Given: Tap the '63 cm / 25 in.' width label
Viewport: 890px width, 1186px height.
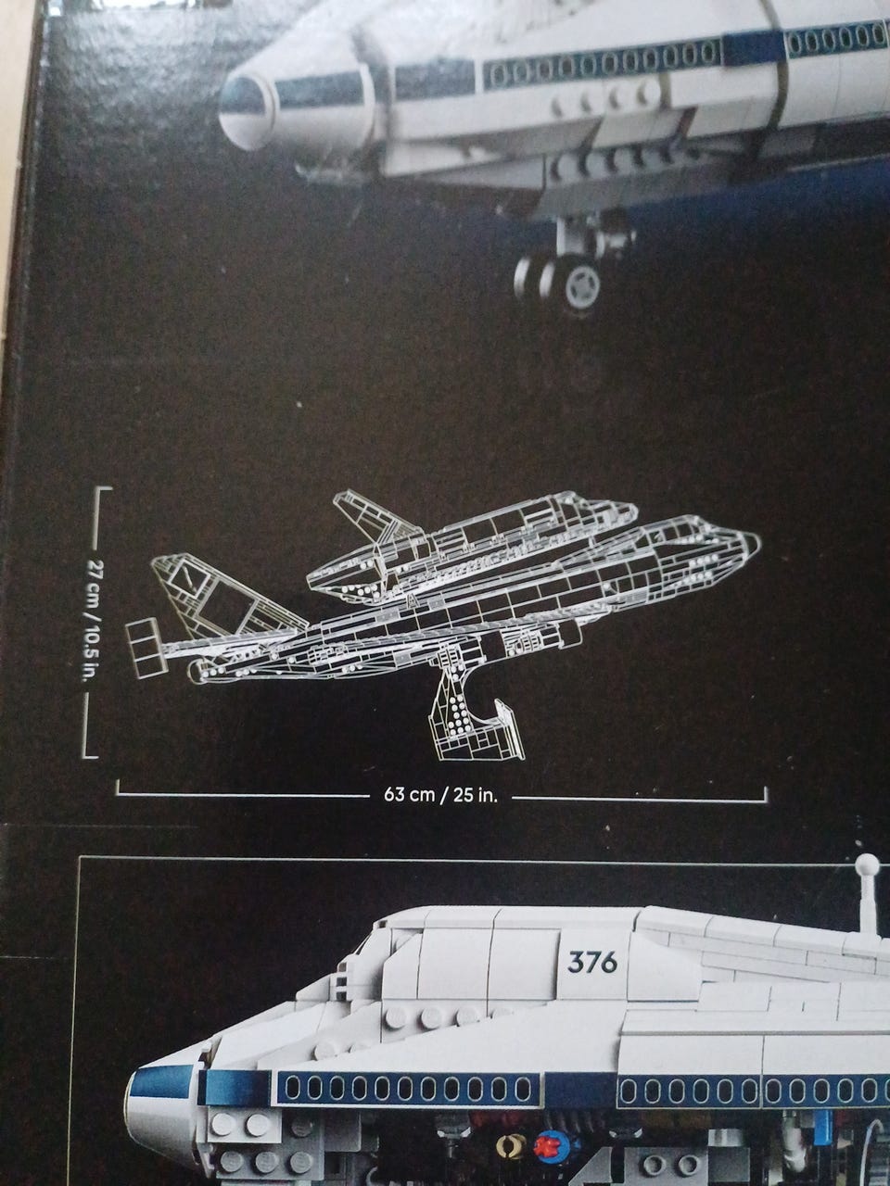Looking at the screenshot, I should [x=440, y=796].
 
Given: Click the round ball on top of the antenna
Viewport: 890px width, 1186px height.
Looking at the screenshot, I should [x=867, y=865].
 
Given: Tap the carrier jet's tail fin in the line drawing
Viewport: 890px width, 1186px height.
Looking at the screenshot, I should [x=209, y=593].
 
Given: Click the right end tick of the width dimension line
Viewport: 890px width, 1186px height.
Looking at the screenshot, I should [x=767, y=794].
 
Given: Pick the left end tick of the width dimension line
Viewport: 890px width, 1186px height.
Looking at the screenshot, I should [x=117, y=789].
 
